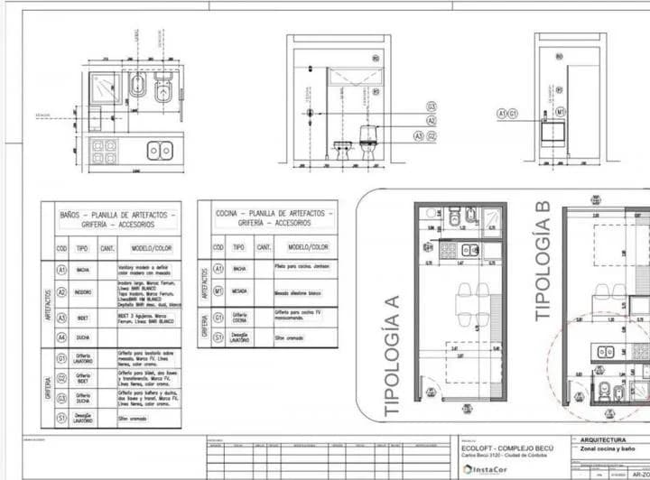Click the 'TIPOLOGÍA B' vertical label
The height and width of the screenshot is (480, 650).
click(543, 261)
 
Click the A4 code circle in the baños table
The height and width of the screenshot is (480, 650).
click(61, 337)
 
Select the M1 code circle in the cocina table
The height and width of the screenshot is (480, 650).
click(217, 292)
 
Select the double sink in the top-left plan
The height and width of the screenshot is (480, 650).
click(160, 150)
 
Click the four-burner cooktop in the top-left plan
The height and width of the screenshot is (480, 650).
click(104, 150)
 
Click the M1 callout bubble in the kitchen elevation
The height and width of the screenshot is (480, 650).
click(560, 112)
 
